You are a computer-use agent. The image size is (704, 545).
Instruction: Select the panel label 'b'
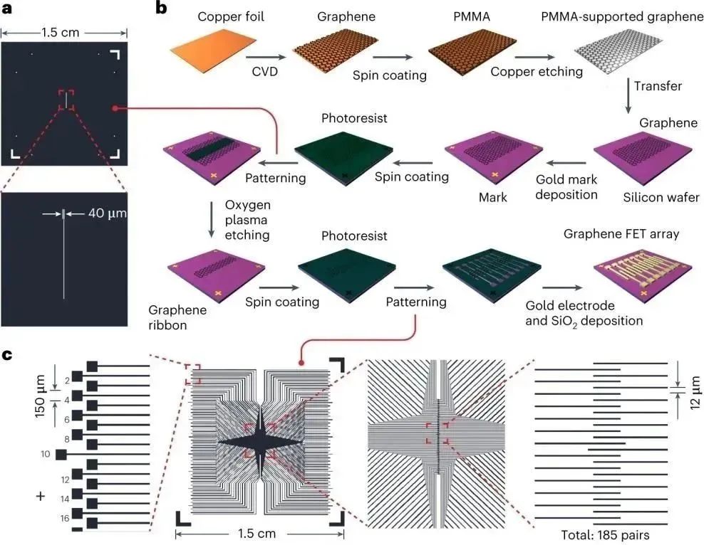tap(161, 9)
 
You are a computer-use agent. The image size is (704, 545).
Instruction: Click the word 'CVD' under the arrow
tap(265, 71)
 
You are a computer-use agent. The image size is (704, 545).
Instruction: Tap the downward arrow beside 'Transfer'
tap(628, 97)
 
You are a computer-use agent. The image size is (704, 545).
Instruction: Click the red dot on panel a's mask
tap(115, 108)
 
